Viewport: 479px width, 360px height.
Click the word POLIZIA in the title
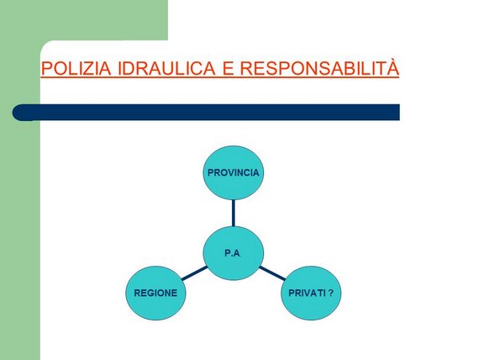pos(76,68)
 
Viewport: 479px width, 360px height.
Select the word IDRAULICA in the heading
pos(166,68)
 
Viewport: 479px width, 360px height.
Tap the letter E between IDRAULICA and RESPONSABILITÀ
pos(228,68)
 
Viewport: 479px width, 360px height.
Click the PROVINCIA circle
pos(234,172)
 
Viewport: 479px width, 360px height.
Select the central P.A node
pos(234,253)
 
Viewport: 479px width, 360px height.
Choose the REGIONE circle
pos(155,293)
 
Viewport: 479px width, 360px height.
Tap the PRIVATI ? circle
pos(311,293)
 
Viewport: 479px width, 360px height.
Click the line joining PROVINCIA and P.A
pos(234,213)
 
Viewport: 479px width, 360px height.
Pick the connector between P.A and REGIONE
pos(195,273)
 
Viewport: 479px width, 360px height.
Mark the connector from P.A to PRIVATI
pos(272,273)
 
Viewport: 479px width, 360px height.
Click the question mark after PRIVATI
pos(331,293)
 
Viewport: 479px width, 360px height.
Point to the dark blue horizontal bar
pos(206,112)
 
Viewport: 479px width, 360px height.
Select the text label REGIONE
pos(155,293)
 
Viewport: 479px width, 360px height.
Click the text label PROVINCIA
pos(234,172)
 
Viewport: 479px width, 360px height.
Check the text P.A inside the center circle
pos(232,253)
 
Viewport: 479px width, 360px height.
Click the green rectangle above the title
pos(84,20)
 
